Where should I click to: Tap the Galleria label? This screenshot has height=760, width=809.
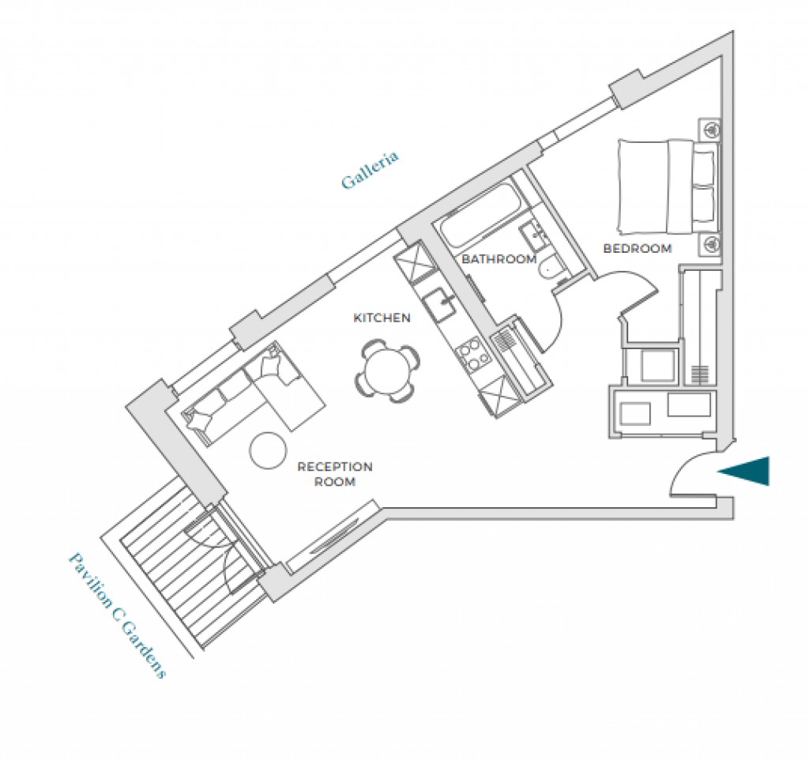coord(370,170)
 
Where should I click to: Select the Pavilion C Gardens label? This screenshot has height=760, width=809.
coord(118,615)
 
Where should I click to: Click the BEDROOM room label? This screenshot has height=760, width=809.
coord(637,249)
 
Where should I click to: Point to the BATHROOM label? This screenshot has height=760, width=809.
coord(499,259)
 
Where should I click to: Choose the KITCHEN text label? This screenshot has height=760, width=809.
coord(382,318)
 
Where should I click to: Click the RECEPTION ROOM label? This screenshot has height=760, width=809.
coord(334,474)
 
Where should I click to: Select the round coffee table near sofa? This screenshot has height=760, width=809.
coord(269,450)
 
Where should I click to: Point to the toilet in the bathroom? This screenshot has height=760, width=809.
coord(551,269)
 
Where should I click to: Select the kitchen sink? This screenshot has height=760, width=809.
coord(437,304)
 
